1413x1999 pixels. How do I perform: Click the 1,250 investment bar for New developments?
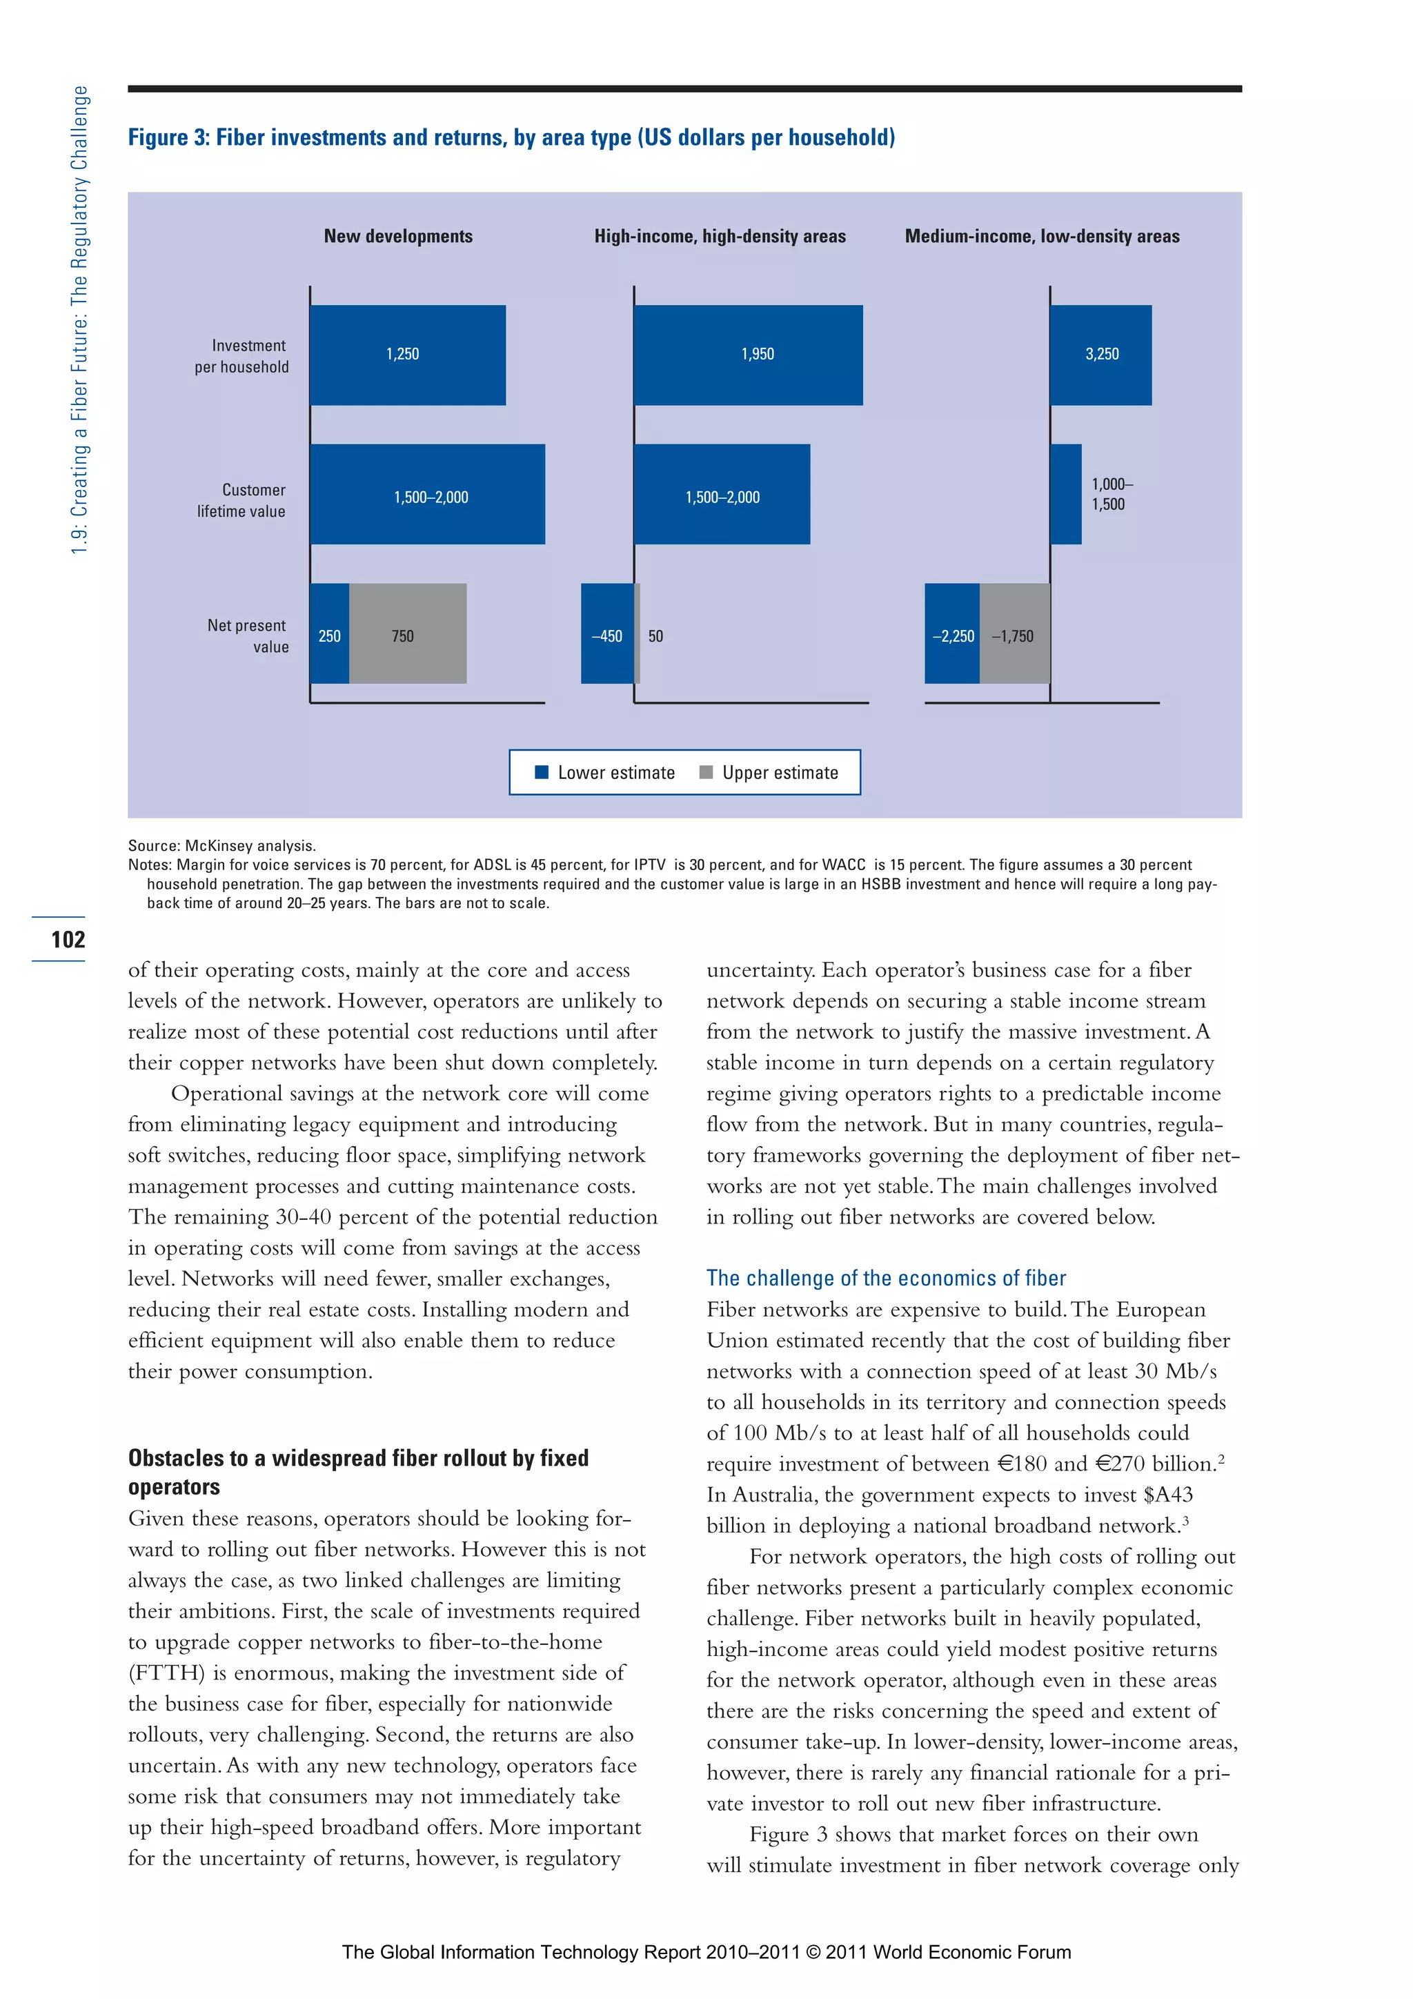point(408,355)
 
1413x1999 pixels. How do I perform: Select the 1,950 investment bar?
point(748,355)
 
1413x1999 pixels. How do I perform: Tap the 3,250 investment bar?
point(1100,355)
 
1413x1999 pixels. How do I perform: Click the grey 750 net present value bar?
point(408,634)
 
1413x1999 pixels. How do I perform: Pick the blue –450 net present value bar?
point(607,634)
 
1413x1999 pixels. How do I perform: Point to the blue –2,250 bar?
point(951,634)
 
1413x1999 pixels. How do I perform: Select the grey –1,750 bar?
point(1014,634)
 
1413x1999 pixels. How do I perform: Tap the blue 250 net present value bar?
point(329,634)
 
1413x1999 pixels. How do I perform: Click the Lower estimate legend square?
point(542,772)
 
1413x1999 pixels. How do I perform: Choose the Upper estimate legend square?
point(706,772)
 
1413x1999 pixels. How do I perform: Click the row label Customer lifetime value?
point(241,501)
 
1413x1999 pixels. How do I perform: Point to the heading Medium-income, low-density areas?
point(1042,236)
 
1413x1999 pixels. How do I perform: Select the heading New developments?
point(398,236)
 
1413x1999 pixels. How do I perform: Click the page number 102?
point(68,939)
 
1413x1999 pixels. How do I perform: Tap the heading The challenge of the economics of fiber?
point(885,1278)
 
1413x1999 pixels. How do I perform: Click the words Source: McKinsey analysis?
point(222,845)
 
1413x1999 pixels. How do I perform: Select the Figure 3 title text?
point(511,137)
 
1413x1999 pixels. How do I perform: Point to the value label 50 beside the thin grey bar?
point(655,636)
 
